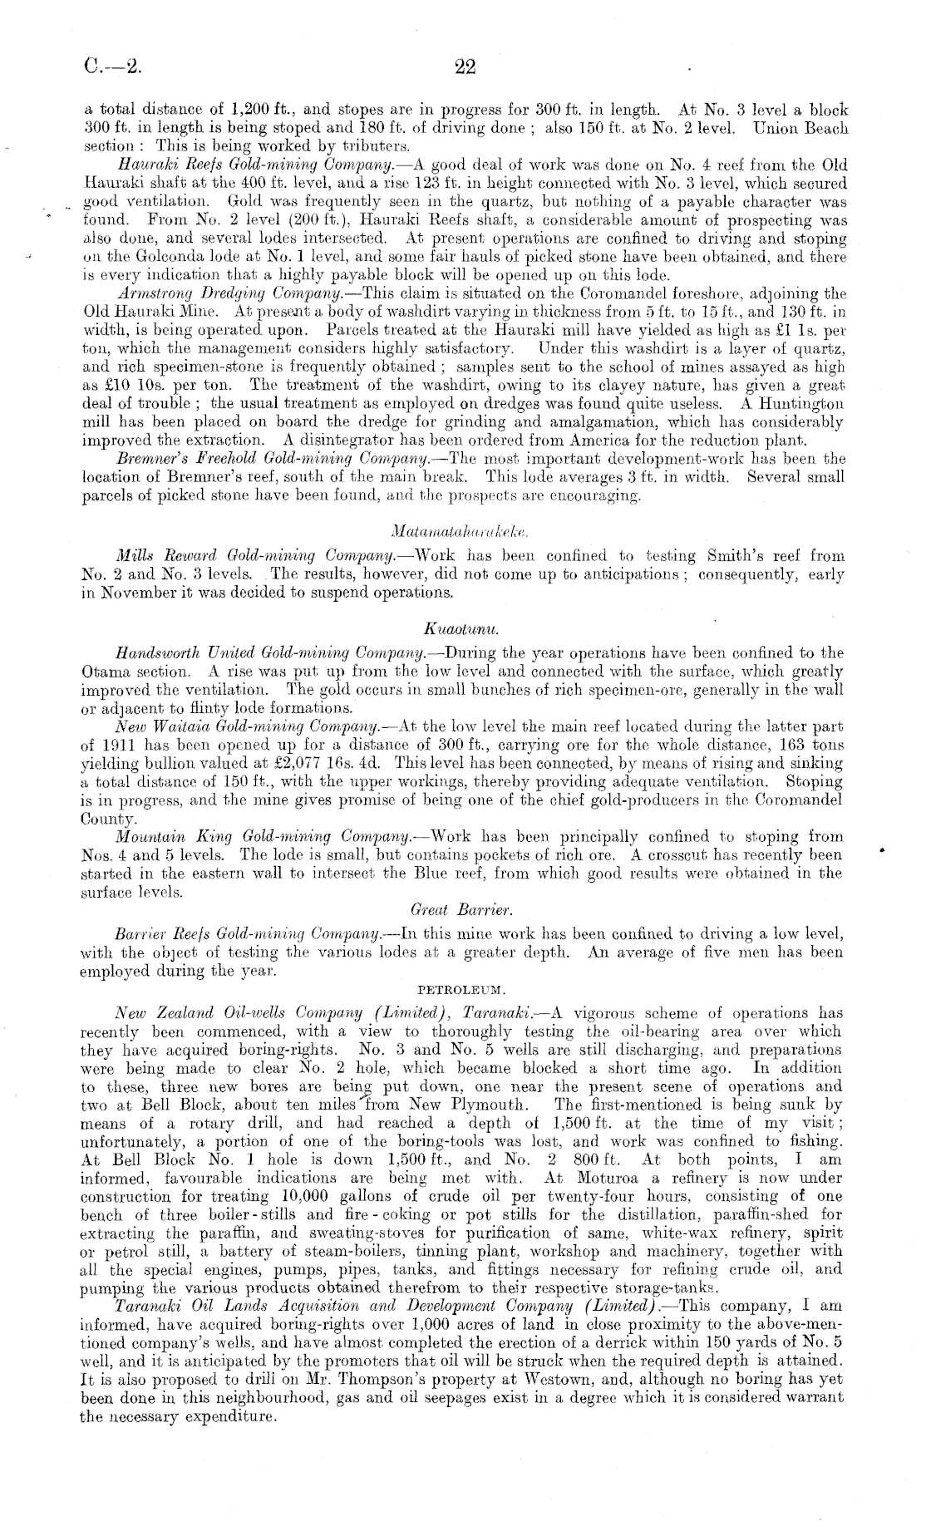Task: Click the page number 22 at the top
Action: (x=465, y=67)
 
